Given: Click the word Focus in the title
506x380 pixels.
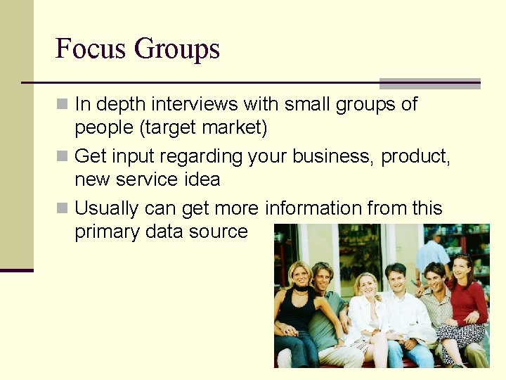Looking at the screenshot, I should (x=91, y=49).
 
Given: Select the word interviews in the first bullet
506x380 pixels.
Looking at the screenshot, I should (x=194, y=104).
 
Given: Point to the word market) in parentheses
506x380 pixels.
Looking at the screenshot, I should (x=235, y=128).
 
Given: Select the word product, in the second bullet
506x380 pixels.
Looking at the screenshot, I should (x=415, y=156).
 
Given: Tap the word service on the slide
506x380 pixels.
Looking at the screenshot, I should (x=147, y=179).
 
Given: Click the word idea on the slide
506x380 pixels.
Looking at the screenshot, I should (x=203, y=179).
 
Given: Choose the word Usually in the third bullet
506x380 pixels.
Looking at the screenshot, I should (x=106, y=208).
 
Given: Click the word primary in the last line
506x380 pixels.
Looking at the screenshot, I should (x=106, y=232).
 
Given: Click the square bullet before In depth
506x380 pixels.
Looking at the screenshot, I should (x=63, y=104).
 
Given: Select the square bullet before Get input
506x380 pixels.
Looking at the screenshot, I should (x=63, y=156).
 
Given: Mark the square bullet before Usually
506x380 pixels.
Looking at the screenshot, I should (x=63, y=208).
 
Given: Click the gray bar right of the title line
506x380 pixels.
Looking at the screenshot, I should (x=429, y=83).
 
